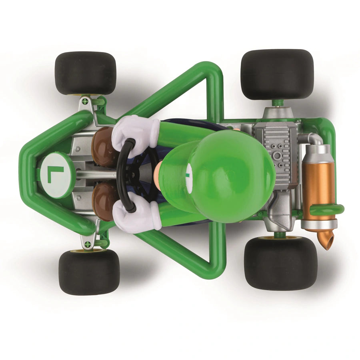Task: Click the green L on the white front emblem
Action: (x=55, y=174)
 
